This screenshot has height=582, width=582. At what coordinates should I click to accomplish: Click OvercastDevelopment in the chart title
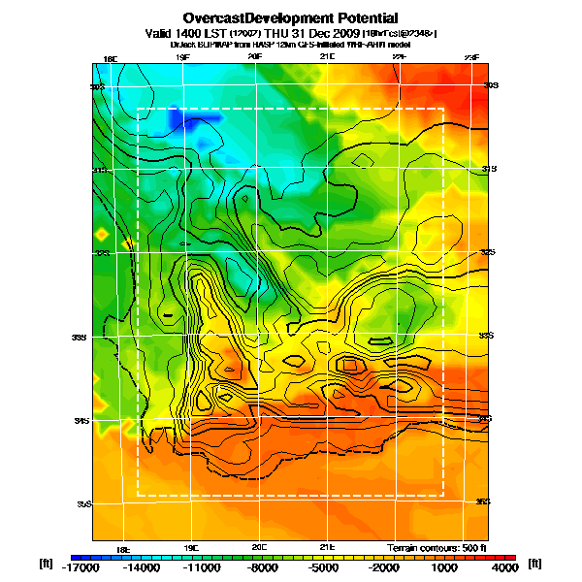253,17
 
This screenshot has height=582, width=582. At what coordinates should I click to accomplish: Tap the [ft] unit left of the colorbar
46,564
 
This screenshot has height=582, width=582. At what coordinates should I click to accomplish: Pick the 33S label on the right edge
488,336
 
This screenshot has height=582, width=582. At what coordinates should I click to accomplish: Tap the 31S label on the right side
489,169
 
